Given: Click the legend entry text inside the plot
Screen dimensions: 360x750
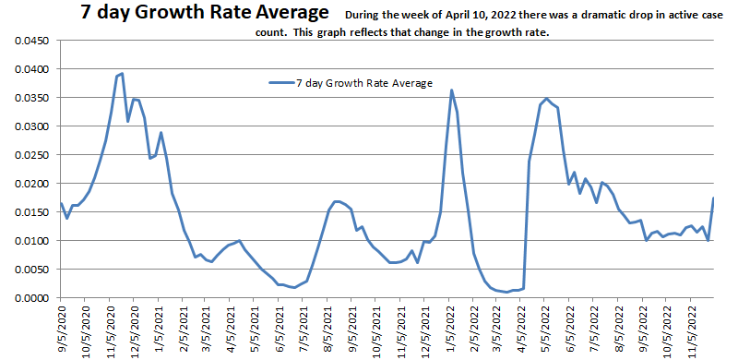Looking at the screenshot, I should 363,82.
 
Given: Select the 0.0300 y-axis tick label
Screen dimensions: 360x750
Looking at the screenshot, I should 28,126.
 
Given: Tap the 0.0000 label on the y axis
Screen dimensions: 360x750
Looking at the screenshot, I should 28,298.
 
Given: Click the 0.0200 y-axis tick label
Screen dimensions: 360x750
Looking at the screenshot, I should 28,183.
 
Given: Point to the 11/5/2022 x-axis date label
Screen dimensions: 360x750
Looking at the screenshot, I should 692,332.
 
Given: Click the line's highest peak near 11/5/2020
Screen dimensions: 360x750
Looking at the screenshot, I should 122,74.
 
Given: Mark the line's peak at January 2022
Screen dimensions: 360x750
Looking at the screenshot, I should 451,90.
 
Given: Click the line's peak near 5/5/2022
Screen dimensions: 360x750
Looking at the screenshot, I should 546,98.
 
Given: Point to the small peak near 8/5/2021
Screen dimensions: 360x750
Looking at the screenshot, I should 336,200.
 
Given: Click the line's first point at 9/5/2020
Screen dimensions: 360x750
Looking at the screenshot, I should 61,203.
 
